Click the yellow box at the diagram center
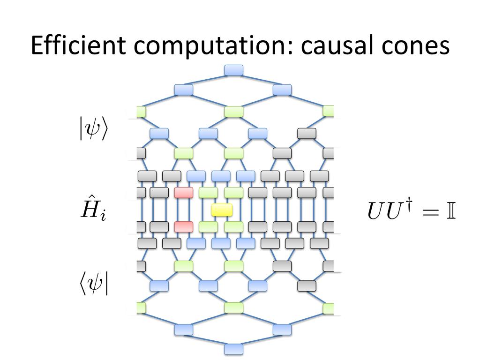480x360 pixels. click(221, 210)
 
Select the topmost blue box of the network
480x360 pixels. click(234, 70)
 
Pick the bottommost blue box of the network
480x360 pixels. click(234, 349)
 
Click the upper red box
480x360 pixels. click(183, 192)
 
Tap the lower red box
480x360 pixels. click(183, 227)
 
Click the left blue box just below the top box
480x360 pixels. click(183, 90)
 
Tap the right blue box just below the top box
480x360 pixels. click(282, 90)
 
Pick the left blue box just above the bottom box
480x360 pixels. click(183, 330)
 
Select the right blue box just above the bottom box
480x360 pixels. click(282, 330)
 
